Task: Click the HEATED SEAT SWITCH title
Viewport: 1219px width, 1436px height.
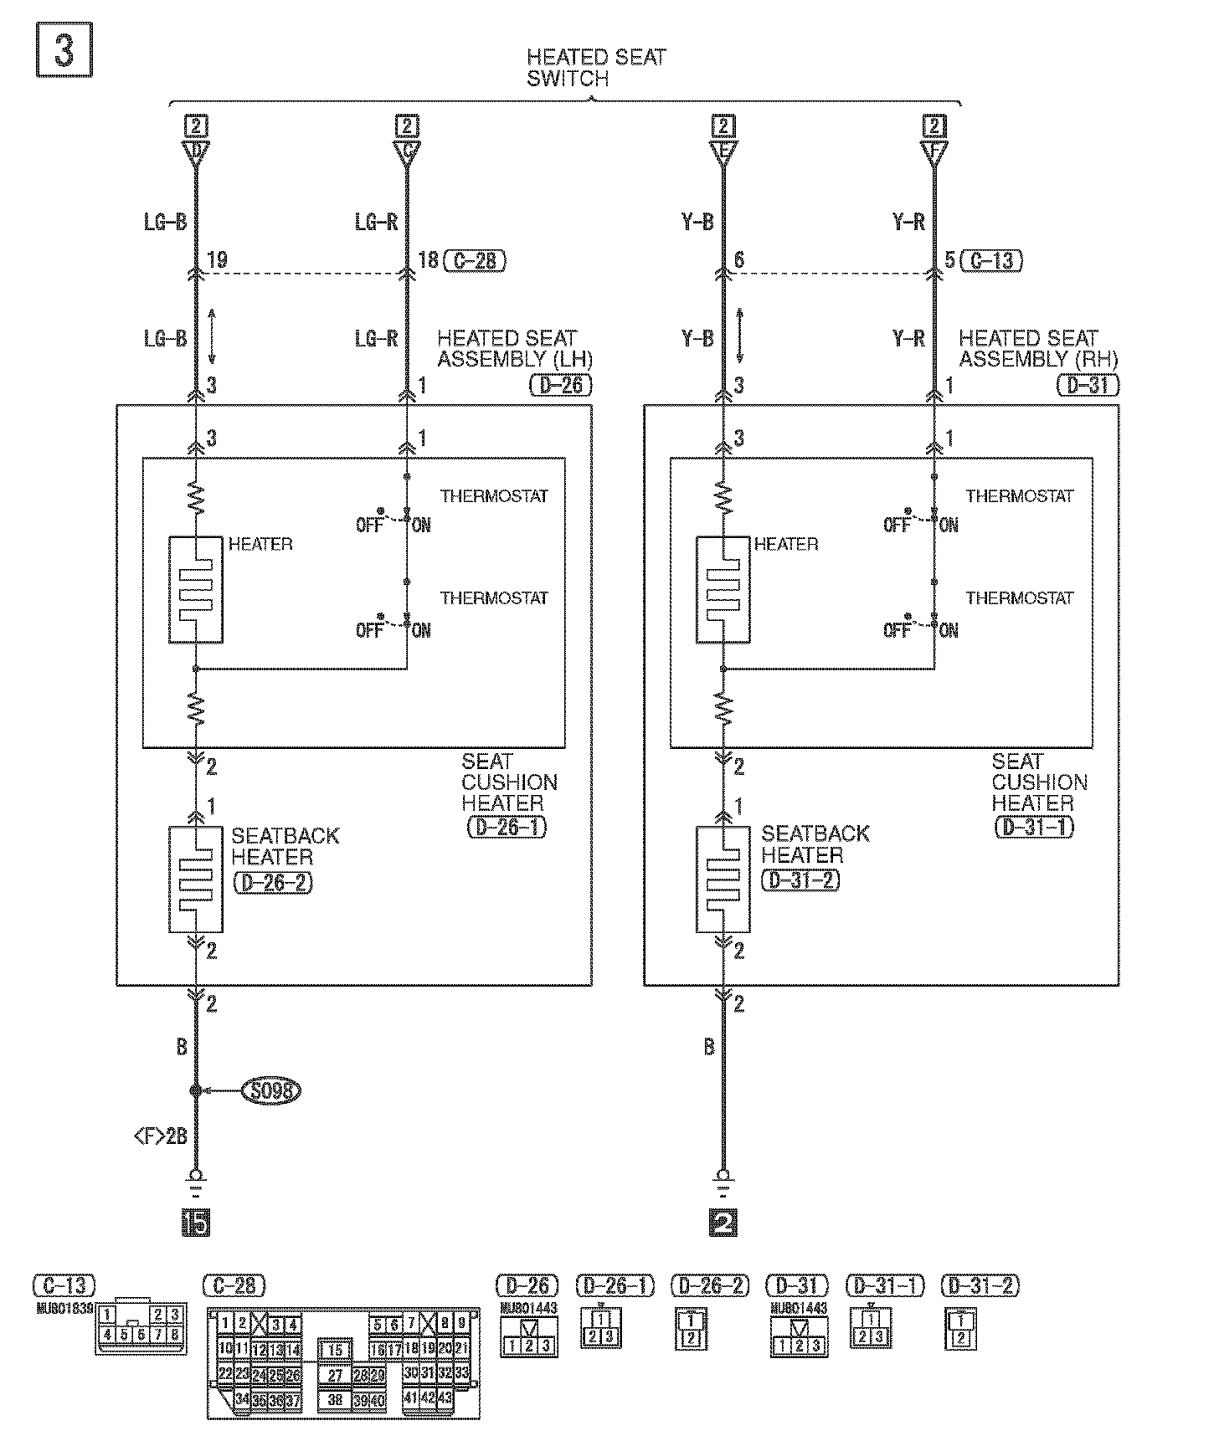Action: pos(595,68)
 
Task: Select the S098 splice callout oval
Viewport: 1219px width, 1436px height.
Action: pos(270,1090)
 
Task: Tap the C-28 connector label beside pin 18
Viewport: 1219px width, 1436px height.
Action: pos(476,260)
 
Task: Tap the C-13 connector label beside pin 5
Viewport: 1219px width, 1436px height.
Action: pos(992,260)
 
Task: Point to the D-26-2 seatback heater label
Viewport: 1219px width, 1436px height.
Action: pos(273,884)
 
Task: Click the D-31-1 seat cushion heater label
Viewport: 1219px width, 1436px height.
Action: pos(1035,828)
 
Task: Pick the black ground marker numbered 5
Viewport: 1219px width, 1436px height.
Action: pos(196,1223)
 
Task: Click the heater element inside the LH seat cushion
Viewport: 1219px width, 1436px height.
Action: pos(196,589)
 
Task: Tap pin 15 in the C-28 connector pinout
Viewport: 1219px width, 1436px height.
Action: pos(335,1350)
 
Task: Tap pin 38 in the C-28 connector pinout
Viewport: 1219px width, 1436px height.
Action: pos(335,1399)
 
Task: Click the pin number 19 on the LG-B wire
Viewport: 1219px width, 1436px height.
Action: pos(217,260)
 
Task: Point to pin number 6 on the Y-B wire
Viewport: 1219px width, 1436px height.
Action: pos(738,260)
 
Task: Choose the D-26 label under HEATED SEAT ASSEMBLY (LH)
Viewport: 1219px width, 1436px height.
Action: pos(560,386)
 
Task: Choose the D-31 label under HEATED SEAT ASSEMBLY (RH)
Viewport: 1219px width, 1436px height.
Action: pos(1088,386)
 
